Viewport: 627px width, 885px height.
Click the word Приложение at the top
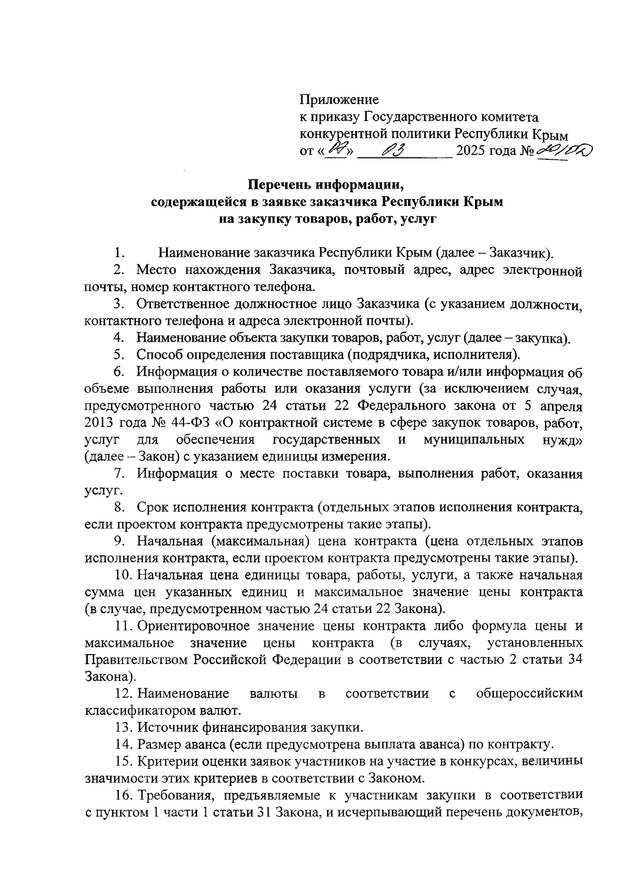click(x=339, y=99)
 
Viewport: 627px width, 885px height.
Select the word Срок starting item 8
click(x=152, y=507)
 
